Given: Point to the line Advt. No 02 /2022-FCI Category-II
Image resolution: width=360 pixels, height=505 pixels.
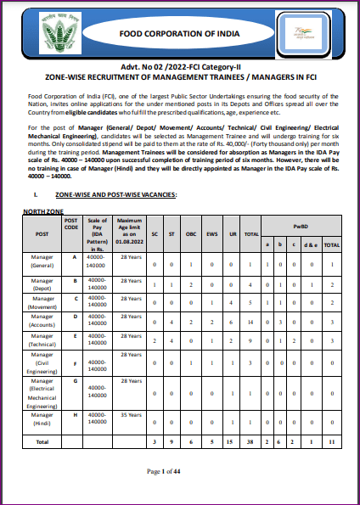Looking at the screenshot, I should click(x=179, y=68).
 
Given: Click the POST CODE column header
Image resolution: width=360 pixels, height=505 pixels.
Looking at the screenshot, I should click(x=70, y=224).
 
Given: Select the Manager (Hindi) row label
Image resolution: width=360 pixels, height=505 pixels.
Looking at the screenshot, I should click(x=42, y=421).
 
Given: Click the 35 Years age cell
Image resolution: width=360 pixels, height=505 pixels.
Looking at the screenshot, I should click(x=129, y=413).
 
